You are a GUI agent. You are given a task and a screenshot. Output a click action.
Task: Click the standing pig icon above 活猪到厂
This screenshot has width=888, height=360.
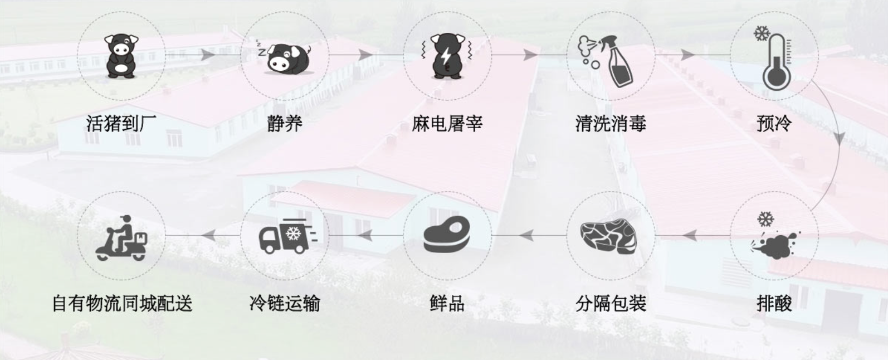(121, 56)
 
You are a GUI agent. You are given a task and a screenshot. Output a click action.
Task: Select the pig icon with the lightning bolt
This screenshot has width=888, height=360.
(447, 56)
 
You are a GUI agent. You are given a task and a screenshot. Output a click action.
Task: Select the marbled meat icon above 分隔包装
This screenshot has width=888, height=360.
(609, 236)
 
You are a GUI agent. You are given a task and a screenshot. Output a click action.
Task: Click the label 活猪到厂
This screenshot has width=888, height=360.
(121, 123)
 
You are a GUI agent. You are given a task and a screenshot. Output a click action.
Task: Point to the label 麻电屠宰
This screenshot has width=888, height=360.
(447, 123)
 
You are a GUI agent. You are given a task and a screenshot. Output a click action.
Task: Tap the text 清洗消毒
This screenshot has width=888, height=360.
(611, 123)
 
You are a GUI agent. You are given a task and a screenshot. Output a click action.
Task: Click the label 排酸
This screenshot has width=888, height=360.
(774, 304)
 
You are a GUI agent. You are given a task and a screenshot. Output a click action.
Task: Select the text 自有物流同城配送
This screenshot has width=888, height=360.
(122, 304)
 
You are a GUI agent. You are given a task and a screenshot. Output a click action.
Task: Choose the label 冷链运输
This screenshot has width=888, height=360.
(285, 304)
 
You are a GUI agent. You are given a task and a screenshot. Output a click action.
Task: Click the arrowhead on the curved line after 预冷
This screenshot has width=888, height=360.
(839, 138)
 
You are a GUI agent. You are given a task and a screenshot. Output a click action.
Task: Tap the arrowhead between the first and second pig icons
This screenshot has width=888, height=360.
(207, 55)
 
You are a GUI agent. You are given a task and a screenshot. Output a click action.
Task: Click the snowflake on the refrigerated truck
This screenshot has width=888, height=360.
(294, 233)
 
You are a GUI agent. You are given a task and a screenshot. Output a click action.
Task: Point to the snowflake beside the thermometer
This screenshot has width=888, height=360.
(762, 33)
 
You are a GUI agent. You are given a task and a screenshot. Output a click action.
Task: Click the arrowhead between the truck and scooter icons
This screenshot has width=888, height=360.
(208, 235)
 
